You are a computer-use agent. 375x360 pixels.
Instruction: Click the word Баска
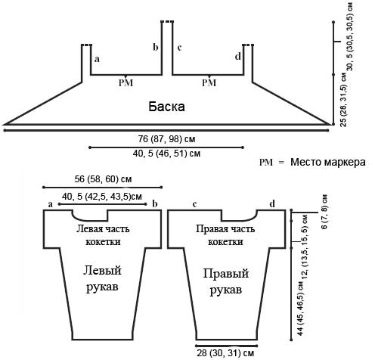pyautogui.click(x=166, y=107)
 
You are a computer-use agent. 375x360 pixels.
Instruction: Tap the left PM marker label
pyautogui.click(x=126, y=82)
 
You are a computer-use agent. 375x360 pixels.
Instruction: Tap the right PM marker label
pyautogui.click(x=209, y=82)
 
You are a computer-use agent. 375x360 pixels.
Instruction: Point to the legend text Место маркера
pyautogui.click(x=328, y=162)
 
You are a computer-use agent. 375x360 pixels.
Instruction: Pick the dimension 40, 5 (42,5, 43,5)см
pyautogui.click(x=102, y=197)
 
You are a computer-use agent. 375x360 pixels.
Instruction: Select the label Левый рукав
pyautogui.click(x=102, y=278)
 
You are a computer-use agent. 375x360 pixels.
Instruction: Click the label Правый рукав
pyautogui.click(x=226, y=281)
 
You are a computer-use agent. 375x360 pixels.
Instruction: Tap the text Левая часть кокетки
pyautogui.click(x=103, y=235)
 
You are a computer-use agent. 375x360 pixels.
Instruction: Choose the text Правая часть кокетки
pyautogui.click(x=225, y=235)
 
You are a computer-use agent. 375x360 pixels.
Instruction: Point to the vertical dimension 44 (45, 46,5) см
pyautogui.click(x=301, y=308)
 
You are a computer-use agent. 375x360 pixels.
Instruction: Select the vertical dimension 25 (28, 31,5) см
pyautogui.click(x=343, y=100)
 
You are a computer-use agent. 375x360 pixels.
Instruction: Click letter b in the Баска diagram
pyautogui.click(x=156, y=47)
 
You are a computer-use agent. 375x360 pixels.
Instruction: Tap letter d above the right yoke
pyautogui.click(x=272, y=204)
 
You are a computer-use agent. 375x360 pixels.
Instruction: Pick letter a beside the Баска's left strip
pyautogui.click(x=97, y=59)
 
